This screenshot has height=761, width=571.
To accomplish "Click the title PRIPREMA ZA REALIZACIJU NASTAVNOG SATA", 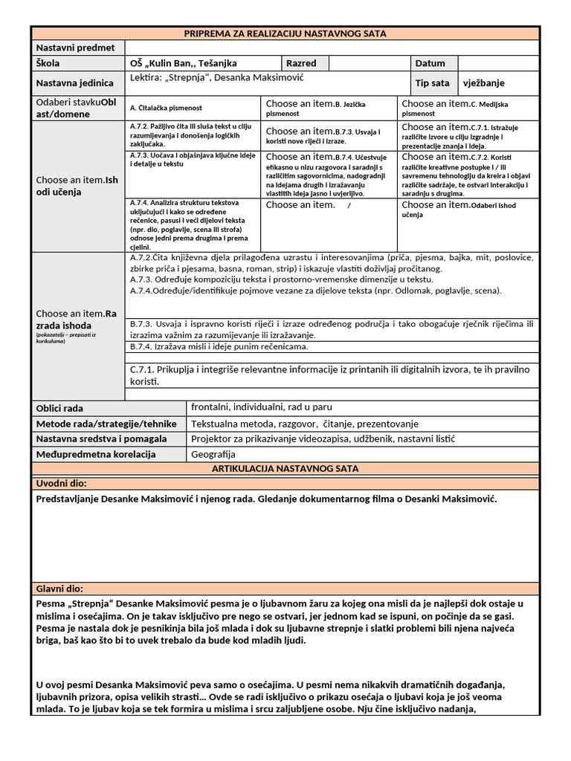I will coord(285,33).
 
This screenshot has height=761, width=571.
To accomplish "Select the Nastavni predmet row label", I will coord(75,48).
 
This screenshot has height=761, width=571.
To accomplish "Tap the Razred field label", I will coord(301,64).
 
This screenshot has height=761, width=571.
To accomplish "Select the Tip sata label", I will coord(432,83).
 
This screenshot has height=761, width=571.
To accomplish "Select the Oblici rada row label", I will coord(60,409).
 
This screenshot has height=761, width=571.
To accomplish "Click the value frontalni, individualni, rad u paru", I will coord(261,407).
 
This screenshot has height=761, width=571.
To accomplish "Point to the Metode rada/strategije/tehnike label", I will coord(106,424).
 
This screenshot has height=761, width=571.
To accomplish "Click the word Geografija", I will coord(213,454).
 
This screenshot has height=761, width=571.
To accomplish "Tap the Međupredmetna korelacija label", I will coord(96,454).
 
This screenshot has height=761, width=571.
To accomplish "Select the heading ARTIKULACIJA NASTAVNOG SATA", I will coord(285,469).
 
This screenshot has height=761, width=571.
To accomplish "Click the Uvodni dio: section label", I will coord(62,484).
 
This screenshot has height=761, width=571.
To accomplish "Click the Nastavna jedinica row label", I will coord(75,83).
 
